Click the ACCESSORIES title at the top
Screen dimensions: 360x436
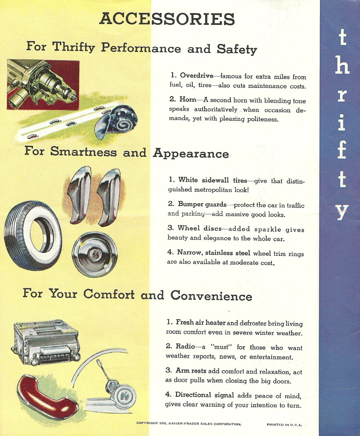(x=167, y=19)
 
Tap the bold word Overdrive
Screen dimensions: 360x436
(x=197, y=76)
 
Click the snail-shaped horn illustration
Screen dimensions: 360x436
(x=116, y=121)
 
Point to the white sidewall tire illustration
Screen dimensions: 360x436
(x=33, y=235)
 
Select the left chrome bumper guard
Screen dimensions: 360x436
(x=79, y=195)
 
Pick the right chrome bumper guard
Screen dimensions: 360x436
(x=109, y=197)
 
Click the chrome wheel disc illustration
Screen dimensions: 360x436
(x=95, y=254)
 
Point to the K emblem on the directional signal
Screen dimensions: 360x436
(x=125, y=396)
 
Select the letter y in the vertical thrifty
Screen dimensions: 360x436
(x=342, y=212)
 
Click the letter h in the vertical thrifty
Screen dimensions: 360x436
(x=342, y=65)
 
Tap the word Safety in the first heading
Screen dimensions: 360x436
(x=237, y=49)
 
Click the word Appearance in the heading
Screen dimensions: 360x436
(x=191, y=153)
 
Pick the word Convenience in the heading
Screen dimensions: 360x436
(x=211, y=296)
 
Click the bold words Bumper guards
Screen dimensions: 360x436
(x=202, y=204)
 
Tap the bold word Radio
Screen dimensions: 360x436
(x=185, y=346)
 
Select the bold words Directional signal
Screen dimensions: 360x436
(x=205, y=395)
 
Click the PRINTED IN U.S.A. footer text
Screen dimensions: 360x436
(x=284, y=425)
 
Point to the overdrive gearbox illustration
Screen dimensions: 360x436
(x=43, y=84)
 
